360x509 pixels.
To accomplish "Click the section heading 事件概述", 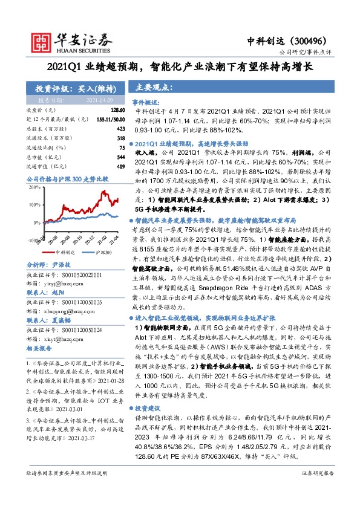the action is [146, 103].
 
